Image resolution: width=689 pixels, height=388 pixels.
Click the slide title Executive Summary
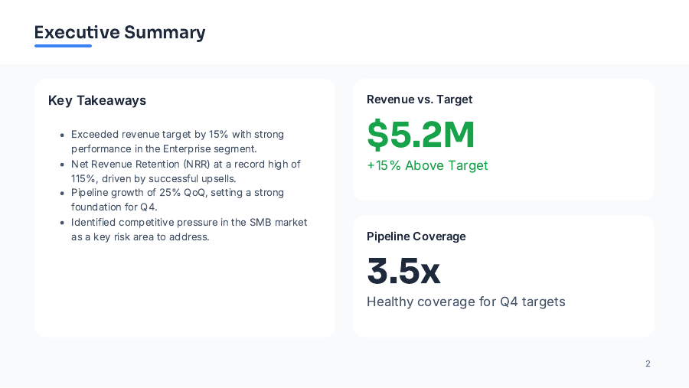tap(119, 32)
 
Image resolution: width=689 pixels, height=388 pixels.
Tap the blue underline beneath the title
tap(63, 46)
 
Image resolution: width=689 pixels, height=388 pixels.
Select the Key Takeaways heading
tap(97, 100)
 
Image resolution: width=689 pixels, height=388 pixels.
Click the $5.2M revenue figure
tap(421, 135)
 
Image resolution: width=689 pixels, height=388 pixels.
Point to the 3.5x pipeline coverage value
tap(403, 271)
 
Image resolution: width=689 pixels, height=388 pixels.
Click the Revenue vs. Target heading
tap(420, 99)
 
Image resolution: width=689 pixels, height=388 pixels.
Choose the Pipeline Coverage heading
tap(416, 236)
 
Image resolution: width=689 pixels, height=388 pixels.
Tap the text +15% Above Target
tap(427, 165)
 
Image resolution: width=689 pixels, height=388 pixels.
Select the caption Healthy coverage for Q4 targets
tap(465, 302)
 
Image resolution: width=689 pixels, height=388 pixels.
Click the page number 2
tap(648, 364)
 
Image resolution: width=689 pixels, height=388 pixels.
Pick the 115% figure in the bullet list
tap(83, 178)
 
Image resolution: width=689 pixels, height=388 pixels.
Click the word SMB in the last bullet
tap(261, 222)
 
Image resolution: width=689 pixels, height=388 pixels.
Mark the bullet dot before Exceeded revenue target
tap(62, 135)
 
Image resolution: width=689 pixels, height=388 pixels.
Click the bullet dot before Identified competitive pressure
tap(62, 223)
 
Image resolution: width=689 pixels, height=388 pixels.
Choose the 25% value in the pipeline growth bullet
tap(170, 192)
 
